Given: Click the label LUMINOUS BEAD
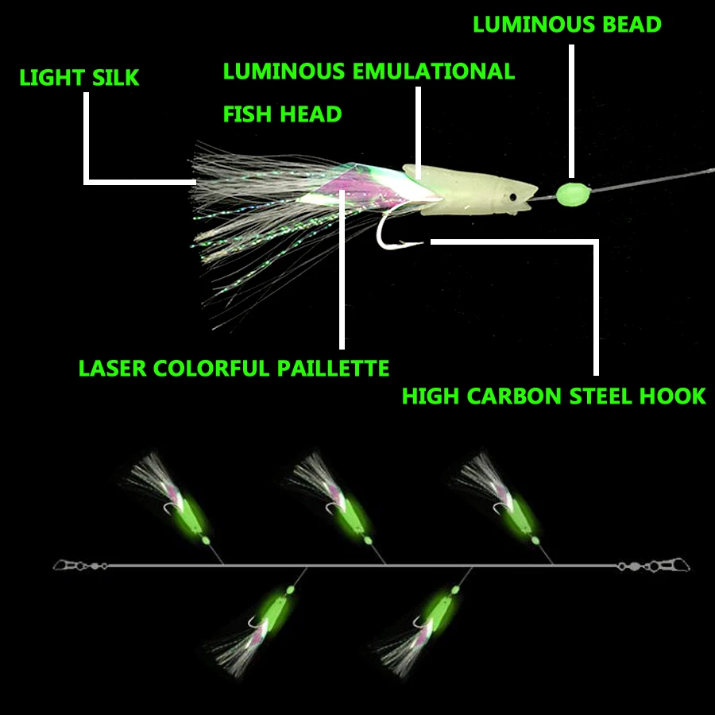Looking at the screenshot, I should tap(566, 25).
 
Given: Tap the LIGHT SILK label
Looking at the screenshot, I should tap(79, 78).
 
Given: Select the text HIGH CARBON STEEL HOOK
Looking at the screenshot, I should tap(554, 396).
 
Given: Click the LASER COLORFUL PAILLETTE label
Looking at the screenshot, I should tap(234, 369).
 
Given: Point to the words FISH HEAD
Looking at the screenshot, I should tap(282, 114).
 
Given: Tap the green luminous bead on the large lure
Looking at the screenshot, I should tap(570, 192).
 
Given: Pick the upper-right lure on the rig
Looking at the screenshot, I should tap(504, 500).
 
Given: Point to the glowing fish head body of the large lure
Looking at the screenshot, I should tap(469, 191).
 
